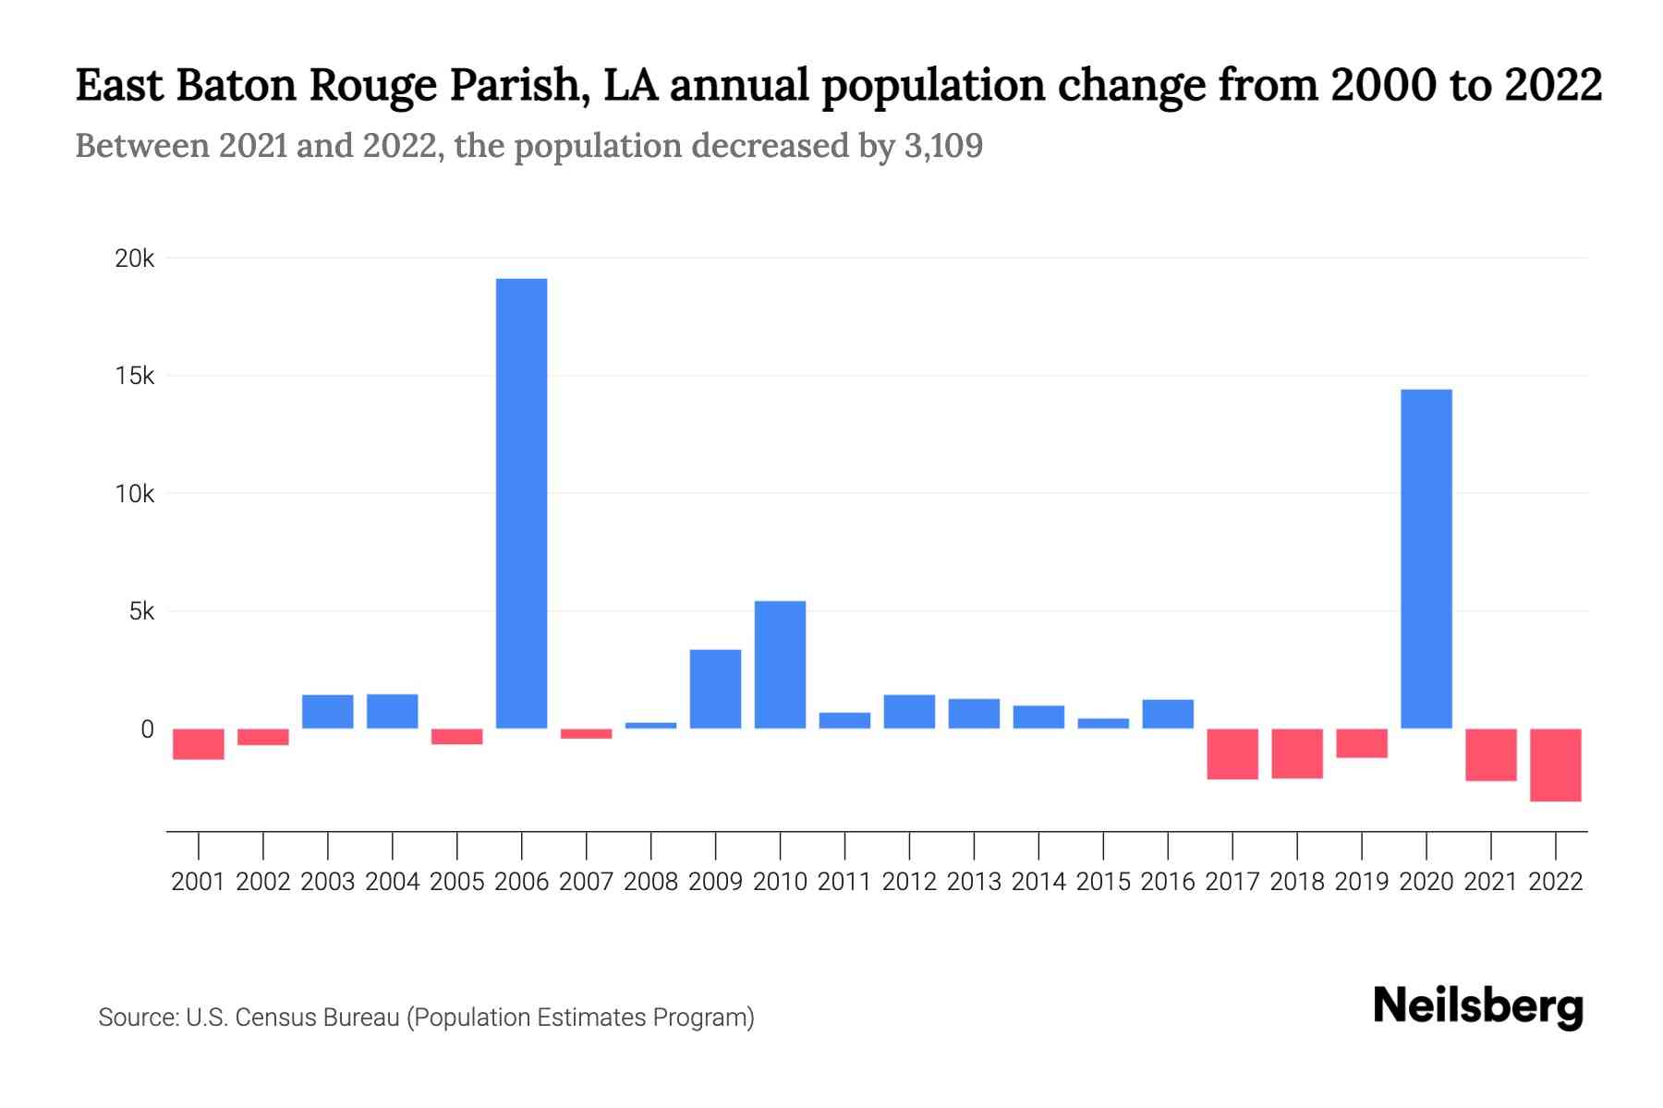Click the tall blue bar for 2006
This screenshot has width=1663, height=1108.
coord(521,503)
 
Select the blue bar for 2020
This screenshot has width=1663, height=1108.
coord(1426,559)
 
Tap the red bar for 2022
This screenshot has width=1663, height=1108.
coord(1555,765)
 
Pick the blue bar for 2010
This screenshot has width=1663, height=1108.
coord(780,665)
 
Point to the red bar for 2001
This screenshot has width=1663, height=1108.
coord(199,744)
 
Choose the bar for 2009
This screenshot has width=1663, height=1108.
coord(715,689)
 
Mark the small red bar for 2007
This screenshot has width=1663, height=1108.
coord(586,734)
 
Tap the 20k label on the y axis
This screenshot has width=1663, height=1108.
coord(135,259)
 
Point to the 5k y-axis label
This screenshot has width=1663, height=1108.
coord(141,611)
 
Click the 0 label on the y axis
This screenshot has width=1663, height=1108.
coord(147,729)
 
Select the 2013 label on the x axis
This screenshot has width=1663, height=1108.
coord(974,882)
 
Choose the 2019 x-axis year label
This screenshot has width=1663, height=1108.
coord(1361,882)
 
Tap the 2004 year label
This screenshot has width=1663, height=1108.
coord(393,882)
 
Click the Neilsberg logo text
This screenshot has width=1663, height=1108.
coord(1478,1006)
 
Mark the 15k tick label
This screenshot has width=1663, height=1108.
coord(135,376)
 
